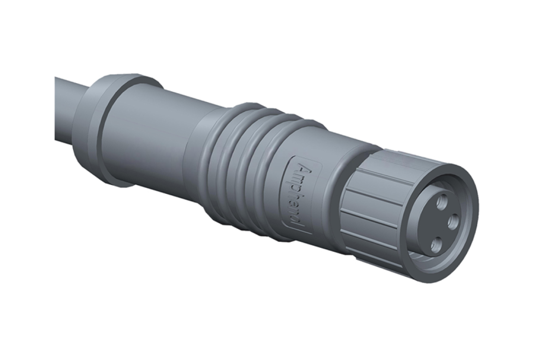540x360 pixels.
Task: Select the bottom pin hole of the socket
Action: point(435,245)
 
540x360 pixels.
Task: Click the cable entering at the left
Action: point(65,111)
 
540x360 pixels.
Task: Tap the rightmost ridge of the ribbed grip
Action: point(272,185)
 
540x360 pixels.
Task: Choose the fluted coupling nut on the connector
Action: point(369,208)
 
